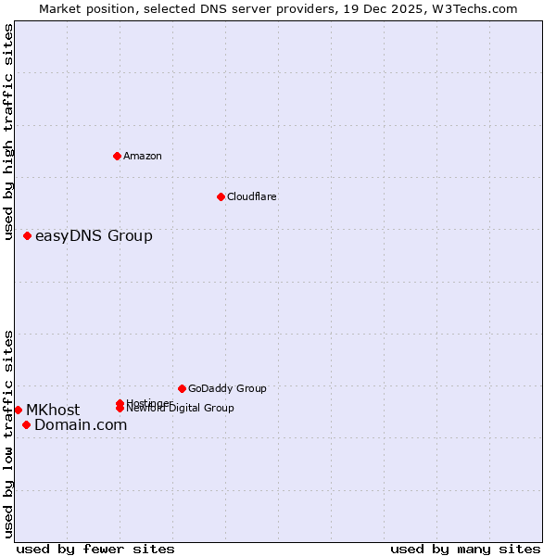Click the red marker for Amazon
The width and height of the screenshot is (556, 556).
tap(117, 156)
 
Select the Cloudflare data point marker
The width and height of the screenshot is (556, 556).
tap(221, 196)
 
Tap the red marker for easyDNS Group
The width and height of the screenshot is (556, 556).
tap(28, 235)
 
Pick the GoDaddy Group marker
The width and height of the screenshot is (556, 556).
tap(182, 388)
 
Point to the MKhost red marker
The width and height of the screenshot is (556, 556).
tap(19, 410)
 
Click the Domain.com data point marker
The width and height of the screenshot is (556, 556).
tap(26, 424)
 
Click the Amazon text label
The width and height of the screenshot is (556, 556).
tap(143, 156)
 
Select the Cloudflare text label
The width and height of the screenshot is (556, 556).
tap(251, 196)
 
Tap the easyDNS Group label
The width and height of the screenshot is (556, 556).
tap(94, 235)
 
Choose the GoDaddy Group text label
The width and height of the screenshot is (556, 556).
tap(227, 388)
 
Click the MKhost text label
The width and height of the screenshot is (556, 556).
tap(53, 410)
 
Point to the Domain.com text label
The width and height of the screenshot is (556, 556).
tap(81, 424)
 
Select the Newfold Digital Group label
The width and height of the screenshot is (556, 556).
tap(182, 408)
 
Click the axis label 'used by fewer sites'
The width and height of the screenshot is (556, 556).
tap(95, 549)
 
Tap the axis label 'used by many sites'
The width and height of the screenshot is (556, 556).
tap(465, 549)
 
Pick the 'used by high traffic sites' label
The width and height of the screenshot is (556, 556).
tap(9, 132)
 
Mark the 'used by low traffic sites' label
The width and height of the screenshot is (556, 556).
tap(9, 434)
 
